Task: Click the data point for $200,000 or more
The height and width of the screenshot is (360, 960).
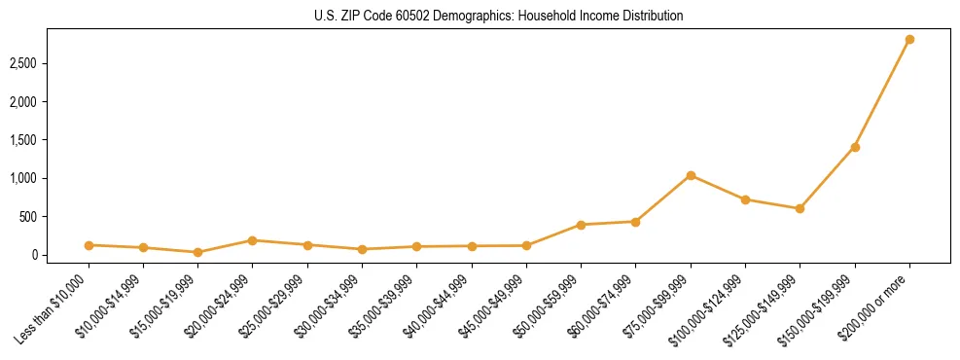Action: pos(909,40)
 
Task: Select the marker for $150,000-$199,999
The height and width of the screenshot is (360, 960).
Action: pos(855,147)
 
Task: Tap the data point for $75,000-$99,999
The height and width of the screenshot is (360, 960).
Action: pos(691,175)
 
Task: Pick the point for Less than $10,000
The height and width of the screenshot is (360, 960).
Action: pos(89,245)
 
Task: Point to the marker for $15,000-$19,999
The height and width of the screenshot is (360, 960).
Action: pos(197,252)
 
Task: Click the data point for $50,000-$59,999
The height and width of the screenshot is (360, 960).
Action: pos(581,225)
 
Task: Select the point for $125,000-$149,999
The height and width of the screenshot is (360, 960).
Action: pos(800,208)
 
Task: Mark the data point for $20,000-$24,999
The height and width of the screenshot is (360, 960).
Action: pos(252,240)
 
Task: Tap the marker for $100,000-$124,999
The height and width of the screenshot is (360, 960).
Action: pos(745,199)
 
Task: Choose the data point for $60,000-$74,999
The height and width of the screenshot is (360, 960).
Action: pos(635,222)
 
